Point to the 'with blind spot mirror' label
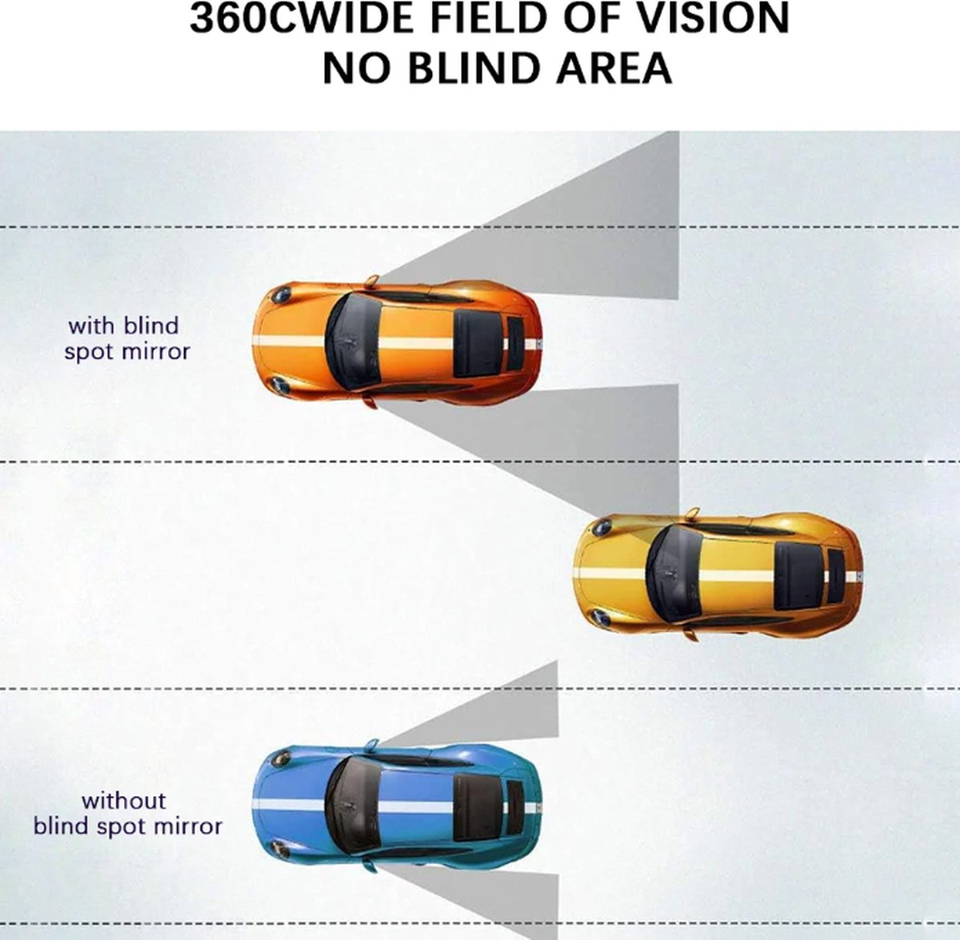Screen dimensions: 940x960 (127, 338)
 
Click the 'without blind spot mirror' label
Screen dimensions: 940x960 (127, 813)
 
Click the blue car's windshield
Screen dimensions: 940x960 (352, 806)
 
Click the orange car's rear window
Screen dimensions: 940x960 (477, 338)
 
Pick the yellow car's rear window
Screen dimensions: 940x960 (798, 574)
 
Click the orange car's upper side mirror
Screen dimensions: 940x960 (371, 281)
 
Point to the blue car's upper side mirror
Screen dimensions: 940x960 (371, 746)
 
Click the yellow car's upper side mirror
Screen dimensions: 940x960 (692, 513)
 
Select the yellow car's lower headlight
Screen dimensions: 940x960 (599, 618)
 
